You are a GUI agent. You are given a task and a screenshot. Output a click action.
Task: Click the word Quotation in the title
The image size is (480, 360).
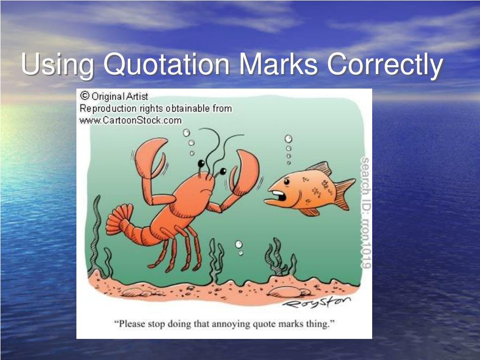(167, 65)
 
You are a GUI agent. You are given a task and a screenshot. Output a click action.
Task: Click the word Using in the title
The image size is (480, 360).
(57, 65)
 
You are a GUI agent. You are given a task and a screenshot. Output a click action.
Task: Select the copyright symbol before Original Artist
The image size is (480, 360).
(85, 96)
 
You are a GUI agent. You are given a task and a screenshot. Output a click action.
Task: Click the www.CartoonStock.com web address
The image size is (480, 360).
(130, 120)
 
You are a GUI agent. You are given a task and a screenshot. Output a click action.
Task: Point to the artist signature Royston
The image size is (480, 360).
(316, 303)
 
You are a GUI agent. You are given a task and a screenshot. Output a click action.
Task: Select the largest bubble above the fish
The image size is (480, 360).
(288, 139)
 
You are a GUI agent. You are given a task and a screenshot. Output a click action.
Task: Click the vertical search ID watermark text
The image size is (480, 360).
(365, 213)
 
